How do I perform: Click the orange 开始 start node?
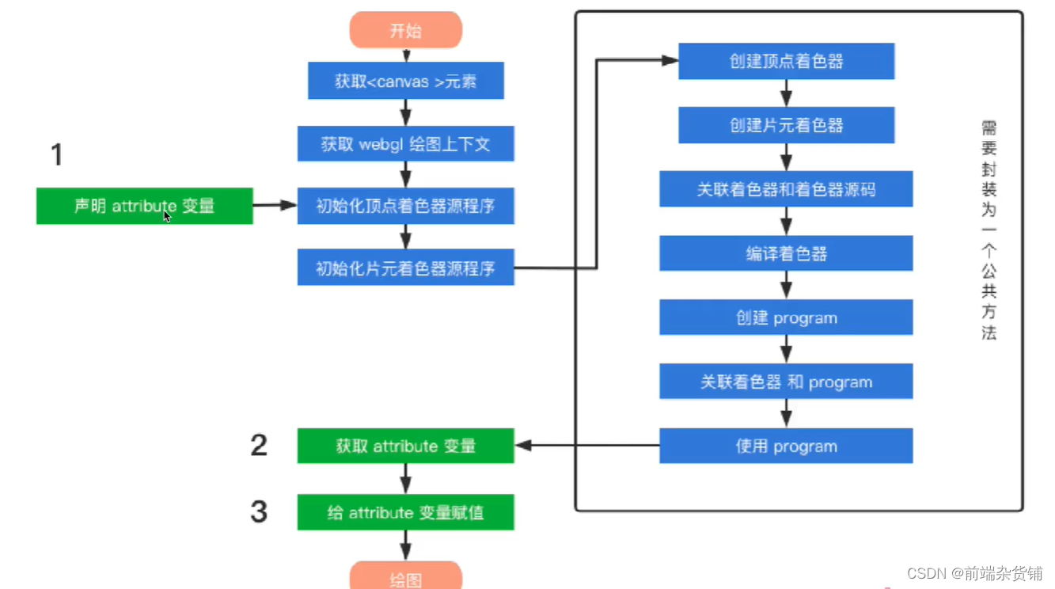[x=405, y=31]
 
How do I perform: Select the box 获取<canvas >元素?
[x=405, y=81]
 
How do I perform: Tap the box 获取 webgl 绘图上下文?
[x=405, y=144]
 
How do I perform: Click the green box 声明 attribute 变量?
[x=144, y=206]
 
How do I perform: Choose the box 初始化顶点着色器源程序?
[x=405, y=206]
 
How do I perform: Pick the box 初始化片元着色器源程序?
[x=405, y=268]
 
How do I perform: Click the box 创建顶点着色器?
[x=786, y=62]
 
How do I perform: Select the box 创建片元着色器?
[x=786, y=125]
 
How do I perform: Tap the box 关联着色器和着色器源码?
[x=786, y=189]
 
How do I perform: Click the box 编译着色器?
[x=786, y=254]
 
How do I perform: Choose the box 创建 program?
[x=786, y=318]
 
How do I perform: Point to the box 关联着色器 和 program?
[x=786, y=382]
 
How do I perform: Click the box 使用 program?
[x=786, y=446]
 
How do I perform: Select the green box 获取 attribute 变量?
[x=405, y=446]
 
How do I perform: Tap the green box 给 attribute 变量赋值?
[x=405, y=512]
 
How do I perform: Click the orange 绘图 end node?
[x=405, y=577]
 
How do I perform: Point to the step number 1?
[x=56, y=154]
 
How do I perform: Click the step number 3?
[x=259, y=511]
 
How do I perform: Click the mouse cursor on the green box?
[x=167, y=216]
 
